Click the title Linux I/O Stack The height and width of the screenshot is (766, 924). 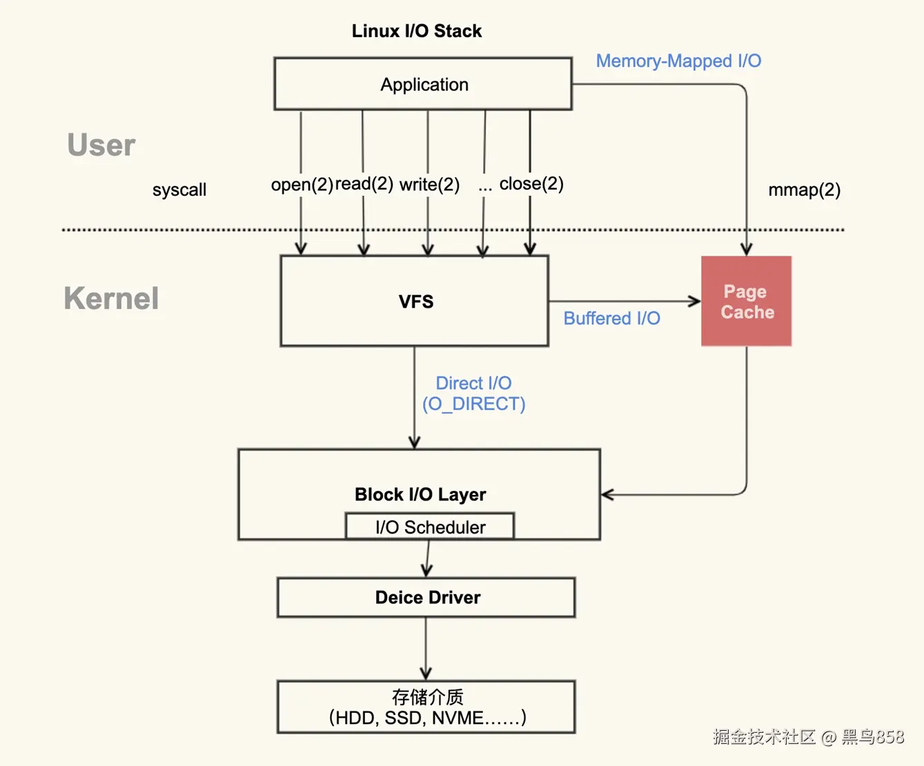tap(416, 31)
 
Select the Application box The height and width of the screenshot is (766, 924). tap(423, 83)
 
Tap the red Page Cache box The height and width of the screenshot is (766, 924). tap(747, 301)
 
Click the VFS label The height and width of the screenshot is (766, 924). tap(416, 301)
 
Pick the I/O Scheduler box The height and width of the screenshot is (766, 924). tap(430, 526)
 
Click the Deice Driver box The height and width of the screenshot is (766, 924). tap(426, 597)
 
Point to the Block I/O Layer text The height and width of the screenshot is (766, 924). tap(420, 494)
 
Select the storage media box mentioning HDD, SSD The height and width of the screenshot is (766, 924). tap(426, 707)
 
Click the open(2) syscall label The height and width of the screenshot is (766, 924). tap(302, 184)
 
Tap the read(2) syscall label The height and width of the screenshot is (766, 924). tap(364, 183)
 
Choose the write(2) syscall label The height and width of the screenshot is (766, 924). tap(430, 184)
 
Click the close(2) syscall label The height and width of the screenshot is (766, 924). tap(531, 183)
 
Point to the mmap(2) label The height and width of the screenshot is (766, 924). tap(804, 190)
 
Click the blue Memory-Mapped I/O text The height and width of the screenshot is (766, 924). tap(678, 61)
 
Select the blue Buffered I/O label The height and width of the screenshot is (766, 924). tap(611, 319)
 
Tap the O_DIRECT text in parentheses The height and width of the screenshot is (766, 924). tap(474, 404)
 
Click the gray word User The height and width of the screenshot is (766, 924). tap(101, 145)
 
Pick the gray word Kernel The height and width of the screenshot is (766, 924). tap(111, 298)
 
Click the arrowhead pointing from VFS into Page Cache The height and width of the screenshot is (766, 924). tap(695, 301)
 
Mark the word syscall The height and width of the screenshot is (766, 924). tap(179, 190)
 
